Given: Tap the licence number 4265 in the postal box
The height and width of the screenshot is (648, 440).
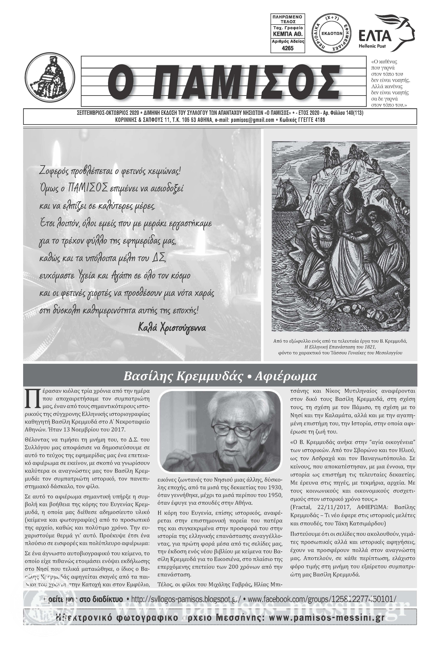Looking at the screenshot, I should click(288, 48).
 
